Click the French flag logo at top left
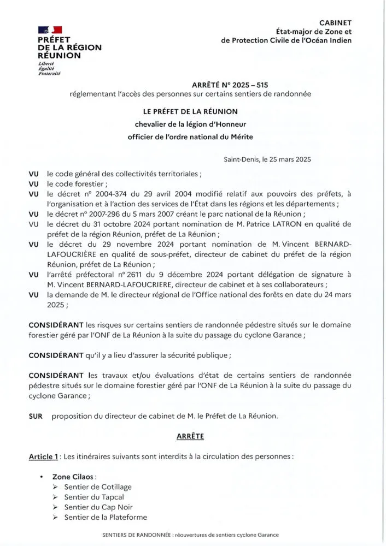tap(50, 30)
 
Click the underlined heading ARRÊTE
tap(190, 436)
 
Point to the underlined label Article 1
tap(43, 456)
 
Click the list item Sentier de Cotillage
tap(97, 486)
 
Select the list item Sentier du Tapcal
tap(94, 497)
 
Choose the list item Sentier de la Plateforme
tap(105, 517)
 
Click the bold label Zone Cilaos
tap(73, 477)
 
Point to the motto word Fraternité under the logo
tap(50, 73)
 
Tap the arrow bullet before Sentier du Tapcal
tap(56, 497)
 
